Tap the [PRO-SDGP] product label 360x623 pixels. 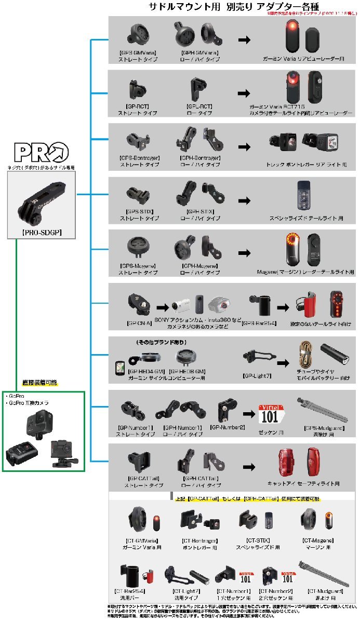coord(42,232)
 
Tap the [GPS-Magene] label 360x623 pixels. coord(137,266)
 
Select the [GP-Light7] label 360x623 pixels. coord(256,374)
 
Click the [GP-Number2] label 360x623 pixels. coord(227,427)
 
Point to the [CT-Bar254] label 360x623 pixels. coord(129,591)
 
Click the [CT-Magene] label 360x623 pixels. coord(317,540)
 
